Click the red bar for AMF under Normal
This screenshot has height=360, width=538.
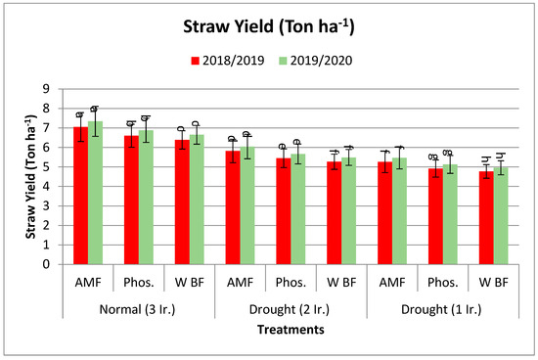click(81, 196)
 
